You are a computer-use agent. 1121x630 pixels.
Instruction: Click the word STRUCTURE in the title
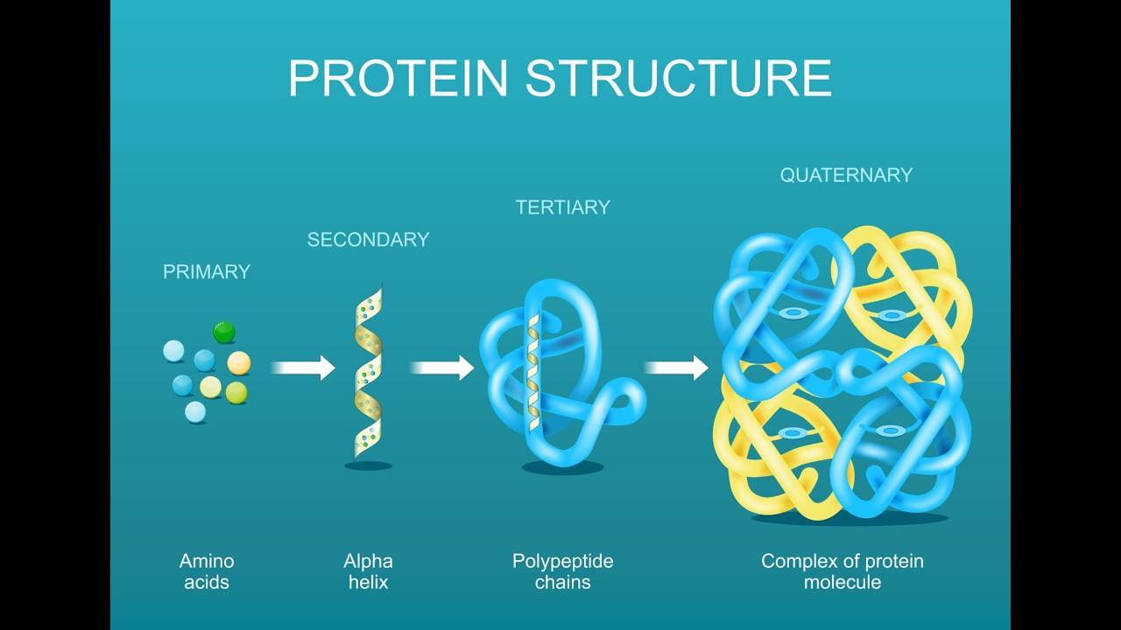pos(678,78)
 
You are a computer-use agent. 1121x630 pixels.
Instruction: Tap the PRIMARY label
pos(207,272)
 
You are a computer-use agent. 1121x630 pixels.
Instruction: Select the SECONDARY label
pos(368,240)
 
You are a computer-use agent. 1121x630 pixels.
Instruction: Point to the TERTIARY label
pos(562,207)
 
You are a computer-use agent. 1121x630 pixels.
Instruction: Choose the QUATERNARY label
pos(846,175)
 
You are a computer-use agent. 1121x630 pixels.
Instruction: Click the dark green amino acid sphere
pos(224,332)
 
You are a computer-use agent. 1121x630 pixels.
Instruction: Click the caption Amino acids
pos(207,571)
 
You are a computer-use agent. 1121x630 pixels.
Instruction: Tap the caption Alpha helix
pos(368,571)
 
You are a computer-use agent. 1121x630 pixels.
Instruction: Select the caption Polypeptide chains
pos(562,571)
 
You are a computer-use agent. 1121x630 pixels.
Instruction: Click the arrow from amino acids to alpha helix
pos(303,367)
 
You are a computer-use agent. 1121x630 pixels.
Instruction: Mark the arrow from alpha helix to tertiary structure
pos(442,367)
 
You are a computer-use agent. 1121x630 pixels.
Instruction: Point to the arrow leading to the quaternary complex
pos(676,367)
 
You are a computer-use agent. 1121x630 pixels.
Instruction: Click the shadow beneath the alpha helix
pos(368,465)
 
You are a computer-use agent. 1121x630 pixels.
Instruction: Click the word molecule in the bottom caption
pos(843,582)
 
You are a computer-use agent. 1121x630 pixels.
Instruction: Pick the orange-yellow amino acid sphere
pos(239,362)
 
